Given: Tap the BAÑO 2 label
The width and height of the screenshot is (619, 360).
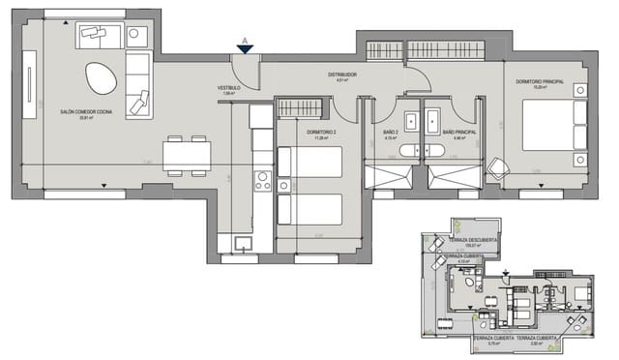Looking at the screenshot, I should point(392,132).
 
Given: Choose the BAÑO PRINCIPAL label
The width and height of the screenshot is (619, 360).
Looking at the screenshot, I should point(458,132).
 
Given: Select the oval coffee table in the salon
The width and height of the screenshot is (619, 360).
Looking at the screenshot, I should point(98,77).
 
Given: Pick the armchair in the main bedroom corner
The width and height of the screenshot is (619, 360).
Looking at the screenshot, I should point(496,168).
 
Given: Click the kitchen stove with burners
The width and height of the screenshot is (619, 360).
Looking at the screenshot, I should point(261,180).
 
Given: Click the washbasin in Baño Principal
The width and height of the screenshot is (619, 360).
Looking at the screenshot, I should point(433,121).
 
